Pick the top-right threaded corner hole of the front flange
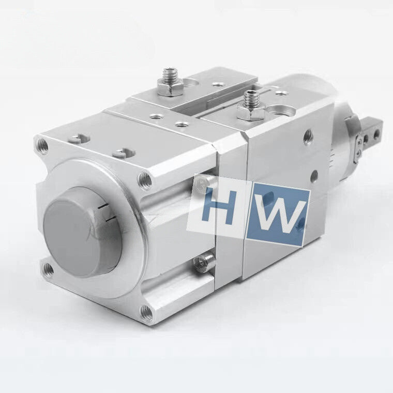[145, 180]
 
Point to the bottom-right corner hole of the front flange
[147, 313]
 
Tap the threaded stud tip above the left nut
[169, 74]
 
